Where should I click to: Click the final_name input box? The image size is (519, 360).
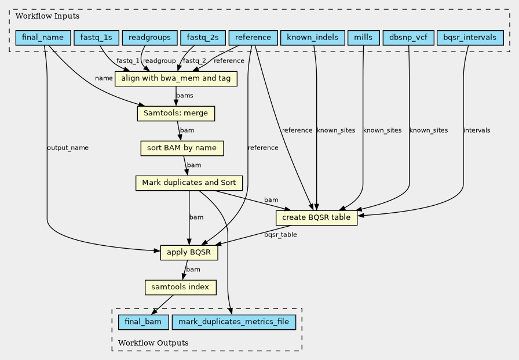43,38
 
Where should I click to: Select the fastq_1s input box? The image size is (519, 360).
96,38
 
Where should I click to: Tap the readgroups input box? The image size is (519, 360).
149,38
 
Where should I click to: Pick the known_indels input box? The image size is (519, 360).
312,38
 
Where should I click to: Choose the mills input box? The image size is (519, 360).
363,38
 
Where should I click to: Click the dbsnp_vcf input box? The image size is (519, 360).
408,38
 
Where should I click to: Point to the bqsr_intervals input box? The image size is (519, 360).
470,38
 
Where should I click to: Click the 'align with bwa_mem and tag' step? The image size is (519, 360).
176,79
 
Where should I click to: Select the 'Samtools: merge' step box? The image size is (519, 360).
176,114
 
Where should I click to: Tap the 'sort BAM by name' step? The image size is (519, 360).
182,148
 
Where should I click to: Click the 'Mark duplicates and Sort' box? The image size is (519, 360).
189,183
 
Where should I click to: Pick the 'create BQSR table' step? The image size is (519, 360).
316,218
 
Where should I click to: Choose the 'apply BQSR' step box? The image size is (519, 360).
189,253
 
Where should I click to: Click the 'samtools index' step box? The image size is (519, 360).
180,288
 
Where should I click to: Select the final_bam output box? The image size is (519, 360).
143,322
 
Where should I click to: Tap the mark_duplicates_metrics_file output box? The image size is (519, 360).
233,322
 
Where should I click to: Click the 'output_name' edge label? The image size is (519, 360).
68,148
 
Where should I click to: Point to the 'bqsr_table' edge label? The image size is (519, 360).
280,234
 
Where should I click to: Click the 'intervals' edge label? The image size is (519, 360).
477,130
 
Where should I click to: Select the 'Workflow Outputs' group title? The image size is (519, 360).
153,343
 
